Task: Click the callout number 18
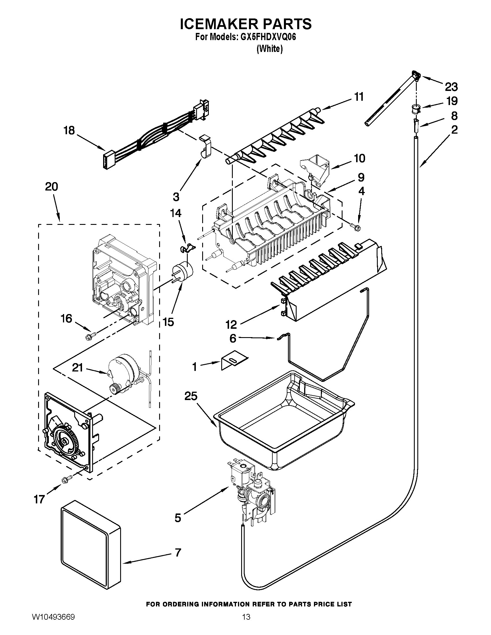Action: tap(69, 130)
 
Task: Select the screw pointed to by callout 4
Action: tap(356, 226)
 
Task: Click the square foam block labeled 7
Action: tap(91, 544)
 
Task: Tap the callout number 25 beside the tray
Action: tap(191, 396)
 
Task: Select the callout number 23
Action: tap(451, 87)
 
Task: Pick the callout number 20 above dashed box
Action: tap(51, 186)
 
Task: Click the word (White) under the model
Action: tap(269, 49)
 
